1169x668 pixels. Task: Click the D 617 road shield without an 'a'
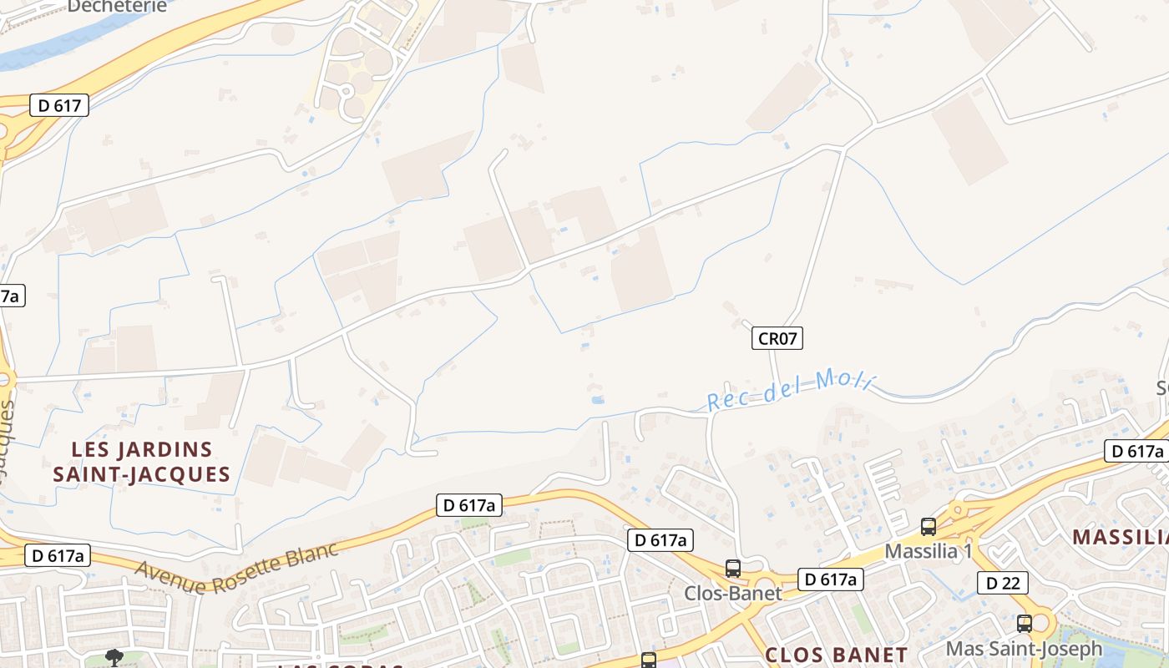(x=59, y=104)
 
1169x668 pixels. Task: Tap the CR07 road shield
(x=777, y=338)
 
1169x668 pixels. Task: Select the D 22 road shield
(x=1002, y=583)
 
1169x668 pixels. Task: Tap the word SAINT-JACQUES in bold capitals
(x=141, y=475)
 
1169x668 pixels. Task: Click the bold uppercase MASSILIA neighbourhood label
(x=1120, y=536)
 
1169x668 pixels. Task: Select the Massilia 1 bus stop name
(x=929, y=551)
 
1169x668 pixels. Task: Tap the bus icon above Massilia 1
(x=929, y=527)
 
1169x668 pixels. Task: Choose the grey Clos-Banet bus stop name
(x=732, y=593)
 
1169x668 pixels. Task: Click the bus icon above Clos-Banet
(x=732, y=569)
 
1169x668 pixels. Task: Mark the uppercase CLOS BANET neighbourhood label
(x=836, y=655)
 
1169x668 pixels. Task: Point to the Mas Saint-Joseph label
(x=1024, y=648)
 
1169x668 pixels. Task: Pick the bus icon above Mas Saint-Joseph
(x=1024, y=624)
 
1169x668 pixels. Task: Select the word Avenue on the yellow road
(x=170, y=578)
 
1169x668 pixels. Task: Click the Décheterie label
(x=117, y=6)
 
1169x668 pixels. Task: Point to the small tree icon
(x=114, y=657)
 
